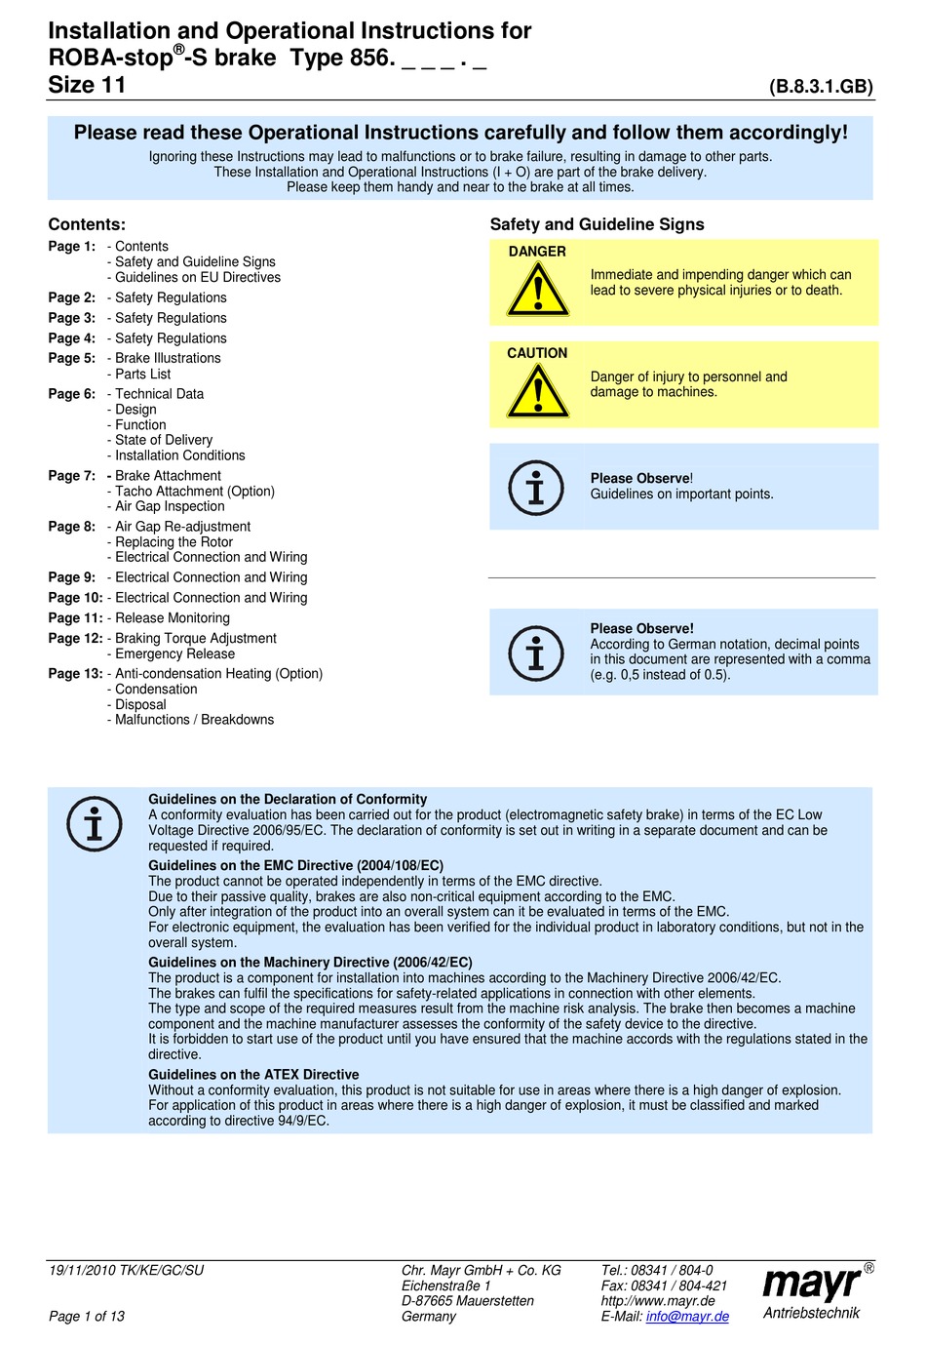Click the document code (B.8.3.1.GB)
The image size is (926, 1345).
point(821,87)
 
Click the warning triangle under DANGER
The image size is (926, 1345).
point(537,291)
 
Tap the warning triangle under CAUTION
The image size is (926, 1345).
point(537,392)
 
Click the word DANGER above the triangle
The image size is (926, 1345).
point(537,252)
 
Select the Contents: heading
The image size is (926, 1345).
point(87,224)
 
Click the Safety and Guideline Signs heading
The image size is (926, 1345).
point(597,224)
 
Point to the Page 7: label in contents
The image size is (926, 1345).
point(72,476)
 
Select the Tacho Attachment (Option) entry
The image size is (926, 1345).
point(195,492)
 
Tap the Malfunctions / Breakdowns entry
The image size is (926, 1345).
point(194,720)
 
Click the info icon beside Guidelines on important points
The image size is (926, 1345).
point(536,487)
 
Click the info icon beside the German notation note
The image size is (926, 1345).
point(536,653)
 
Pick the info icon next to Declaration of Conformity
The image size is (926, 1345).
point(95,824)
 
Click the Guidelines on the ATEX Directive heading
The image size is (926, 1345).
point(253,1075)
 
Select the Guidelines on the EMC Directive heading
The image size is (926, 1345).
point(295,865)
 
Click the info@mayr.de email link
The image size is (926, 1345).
point(687,1317)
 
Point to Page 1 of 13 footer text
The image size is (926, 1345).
point(87,1317)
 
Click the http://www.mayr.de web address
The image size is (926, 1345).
point(658,1301)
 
